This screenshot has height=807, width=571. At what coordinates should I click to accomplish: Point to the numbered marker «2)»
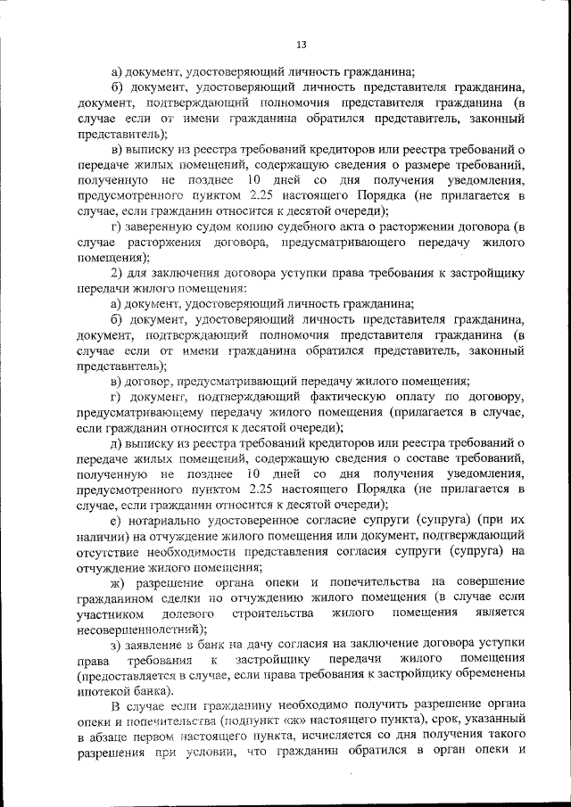click(x=117, y=273)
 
